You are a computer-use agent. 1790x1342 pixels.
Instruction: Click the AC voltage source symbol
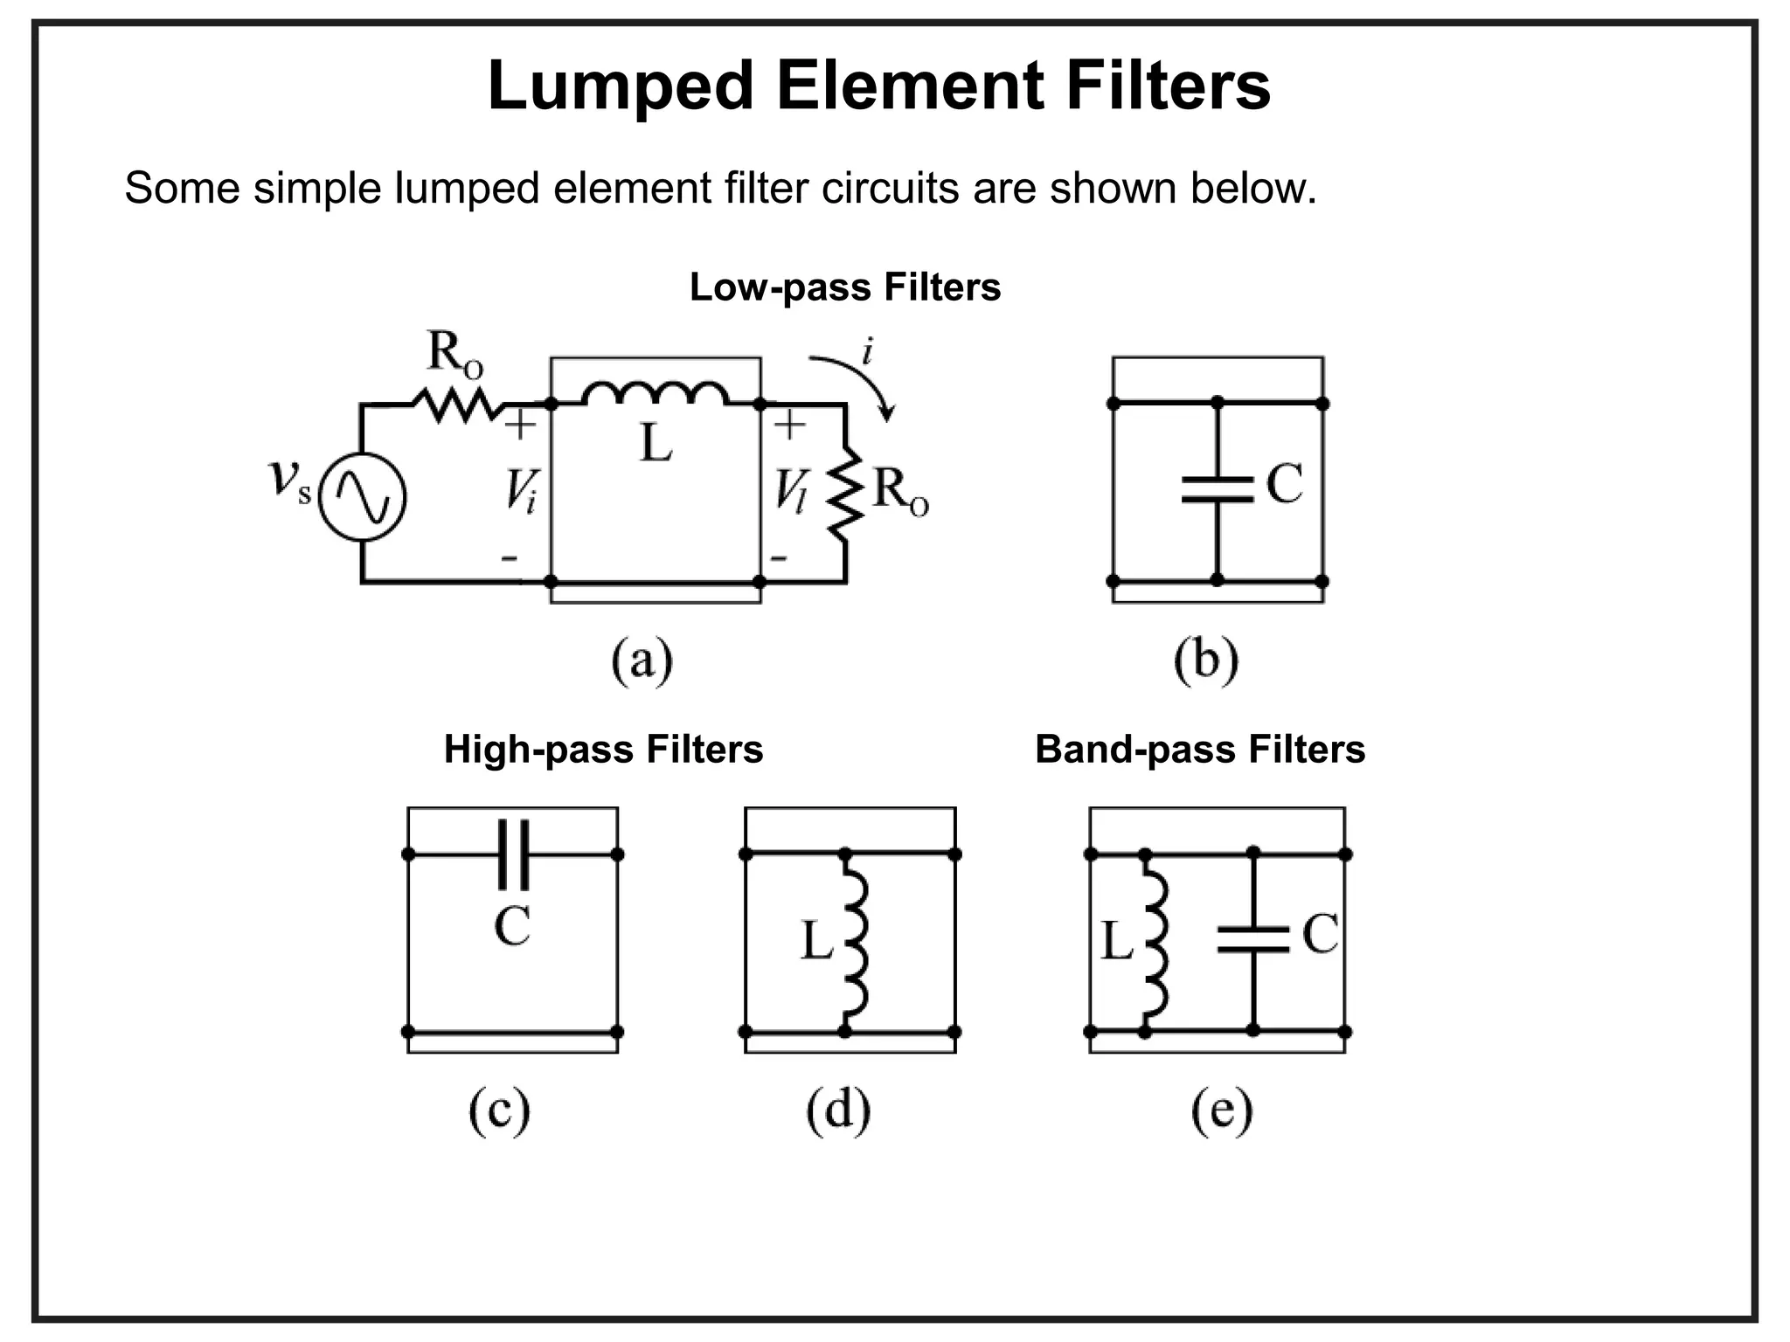361,496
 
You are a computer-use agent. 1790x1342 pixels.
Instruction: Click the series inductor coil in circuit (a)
655,394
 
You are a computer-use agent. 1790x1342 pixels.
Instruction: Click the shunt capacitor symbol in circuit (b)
1217,489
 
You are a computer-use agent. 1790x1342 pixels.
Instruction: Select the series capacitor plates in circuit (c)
513,854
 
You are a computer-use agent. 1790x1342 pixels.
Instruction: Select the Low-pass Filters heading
844,287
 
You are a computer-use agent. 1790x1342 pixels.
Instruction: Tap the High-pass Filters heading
603,750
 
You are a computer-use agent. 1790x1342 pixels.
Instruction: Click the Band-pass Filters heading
1199,750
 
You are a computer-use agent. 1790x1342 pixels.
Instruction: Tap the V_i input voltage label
521,491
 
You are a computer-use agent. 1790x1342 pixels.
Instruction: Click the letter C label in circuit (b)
1284,483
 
